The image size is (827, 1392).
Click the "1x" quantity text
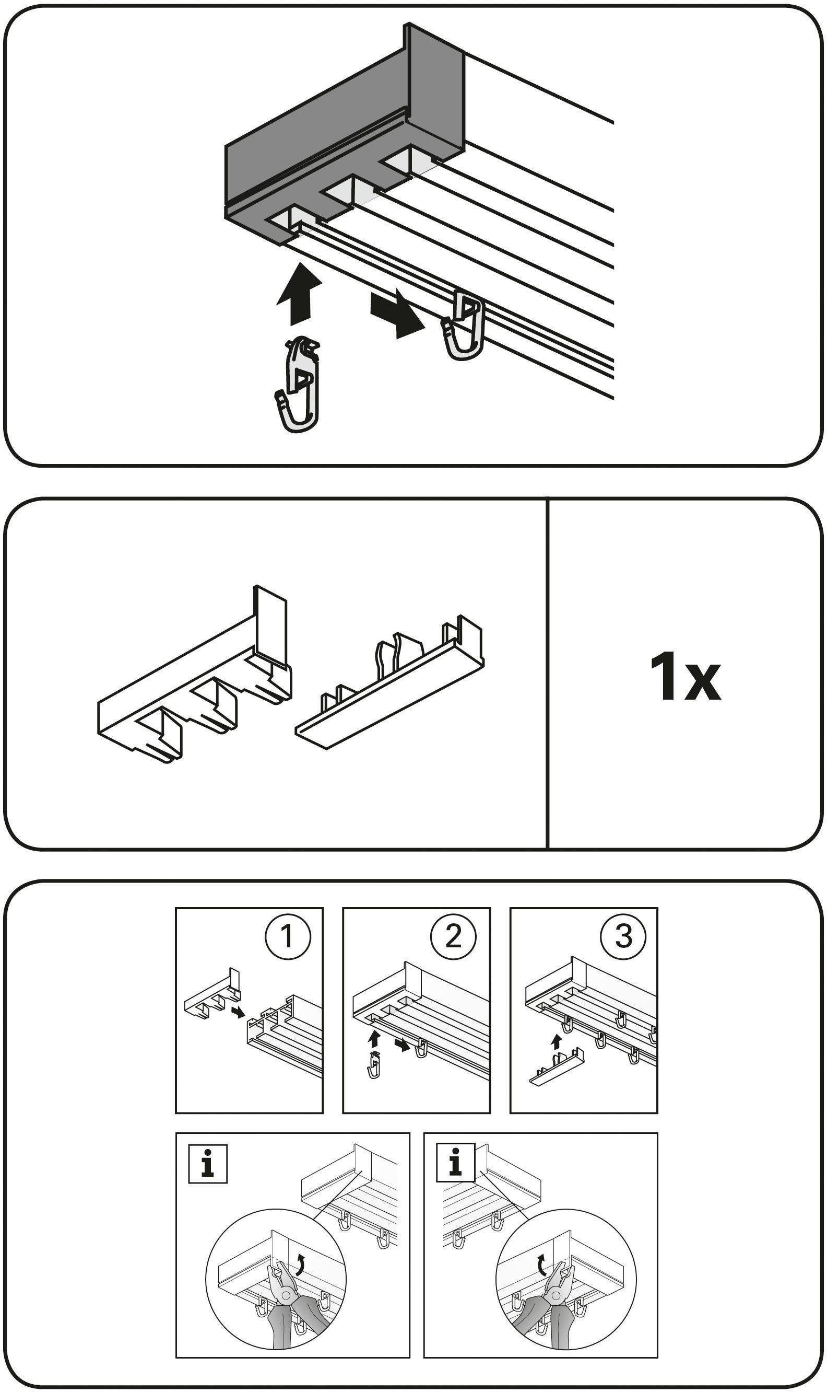[685, 677]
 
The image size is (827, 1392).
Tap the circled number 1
[287, 937]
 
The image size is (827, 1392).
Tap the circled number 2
[454, 937]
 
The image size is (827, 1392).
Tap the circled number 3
[622, 937]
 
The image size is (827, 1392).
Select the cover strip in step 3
[557, 1069]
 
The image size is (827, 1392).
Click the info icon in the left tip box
[208, 1166]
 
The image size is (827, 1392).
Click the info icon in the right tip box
[456, 1166]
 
